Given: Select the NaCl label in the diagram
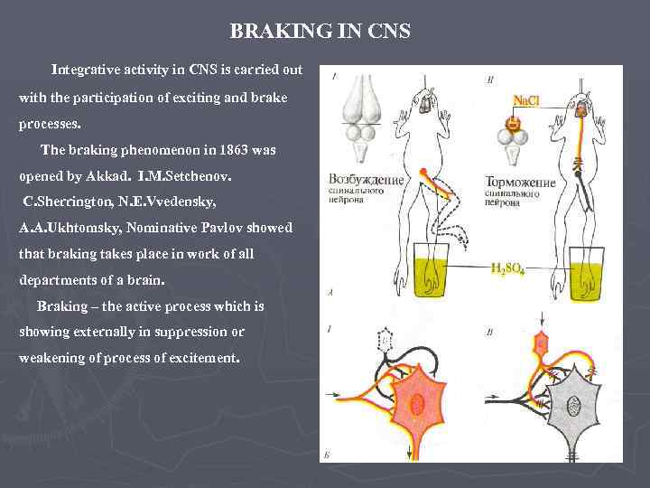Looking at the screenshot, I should pos(526,100).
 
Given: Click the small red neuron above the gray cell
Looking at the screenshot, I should pos(542,342).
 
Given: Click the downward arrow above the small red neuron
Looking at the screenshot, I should pos(542,319).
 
